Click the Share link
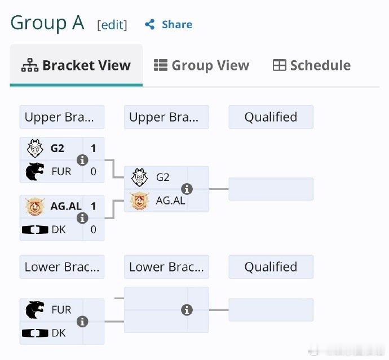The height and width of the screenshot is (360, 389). (x=169, y=24)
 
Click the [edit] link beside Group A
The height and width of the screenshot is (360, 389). (x=112, y=25)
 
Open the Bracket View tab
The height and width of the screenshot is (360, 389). (x=76, y=65)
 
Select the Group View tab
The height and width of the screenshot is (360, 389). (x=201, y=65)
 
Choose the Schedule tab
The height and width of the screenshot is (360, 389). (x=312, y=65)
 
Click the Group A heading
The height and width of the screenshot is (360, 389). (x=47, y=23)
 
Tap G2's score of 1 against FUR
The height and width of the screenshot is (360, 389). (x=93, y=149)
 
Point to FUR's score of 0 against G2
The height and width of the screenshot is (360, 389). (x=93, y=172)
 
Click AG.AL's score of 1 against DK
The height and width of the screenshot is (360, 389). (x=93, y=206)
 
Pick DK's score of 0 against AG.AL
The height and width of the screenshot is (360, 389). (x=93, y=230)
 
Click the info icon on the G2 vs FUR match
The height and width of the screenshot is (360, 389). (x=82, y=160)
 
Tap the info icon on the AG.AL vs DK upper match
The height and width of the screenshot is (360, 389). (x=82, y=218)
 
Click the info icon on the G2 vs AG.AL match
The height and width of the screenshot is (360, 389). (x=187, y=189)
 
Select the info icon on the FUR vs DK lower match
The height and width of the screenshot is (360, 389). (x=82, y=322)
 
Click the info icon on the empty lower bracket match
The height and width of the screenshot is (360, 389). (x=187, y=310)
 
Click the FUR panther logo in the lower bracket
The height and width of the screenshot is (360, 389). (x=35, y=310)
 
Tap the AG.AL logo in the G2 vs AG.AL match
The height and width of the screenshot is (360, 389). (x=139, y=201)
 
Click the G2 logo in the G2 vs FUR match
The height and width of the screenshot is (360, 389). (x=35, y=148)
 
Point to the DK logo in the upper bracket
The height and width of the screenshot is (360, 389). (x=35, y=230)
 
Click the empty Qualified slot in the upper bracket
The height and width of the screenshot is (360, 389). (x=271, y=189)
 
